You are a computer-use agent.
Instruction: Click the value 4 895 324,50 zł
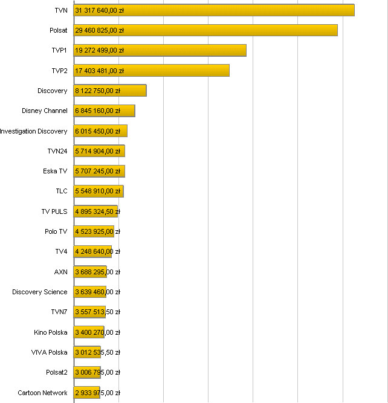97,211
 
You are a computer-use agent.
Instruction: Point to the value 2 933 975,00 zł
97,393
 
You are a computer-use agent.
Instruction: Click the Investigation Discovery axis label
34,131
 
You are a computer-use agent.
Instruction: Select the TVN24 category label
57,151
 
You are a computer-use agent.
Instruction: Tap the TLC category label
62,191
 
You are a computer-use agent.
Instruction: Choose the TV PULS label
54,211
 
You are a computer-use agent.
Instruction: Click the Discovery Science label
40,292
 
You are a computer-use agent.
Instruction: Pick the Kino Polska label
51,332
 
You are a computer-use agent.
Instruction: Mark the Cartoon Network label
42,393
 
